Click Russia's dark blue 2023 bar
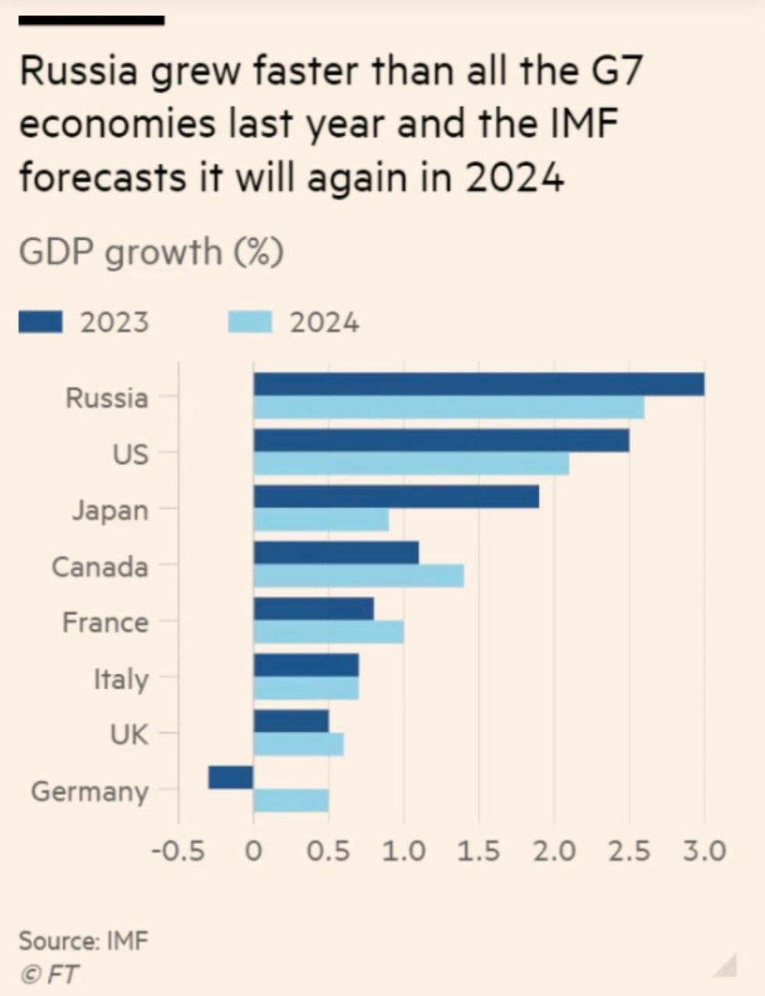click(x=478, y=384)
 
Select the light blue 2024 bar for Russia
click(x=449, y=408)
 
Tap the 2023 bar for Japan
click(x=396, y=496)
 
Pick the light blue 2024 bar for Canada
click(x=358, y=576)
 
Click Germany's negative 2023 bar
click(x=231, y=778)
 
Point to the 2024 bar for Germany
click(x=291, y=800)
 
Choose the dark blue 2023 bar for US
click(x=441, y=441)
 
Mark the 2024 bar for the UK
click(x=298, y=745)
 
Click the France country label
click(x=105, y=622)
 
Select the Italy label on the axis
click(x=120, y=680)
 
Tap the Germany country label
click(x=90, y=792)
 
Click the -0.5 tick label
click(x=179, y=851)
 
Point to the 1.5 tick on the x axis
click(x=478, y=851)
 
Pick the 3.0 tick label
click(x=704, y=851)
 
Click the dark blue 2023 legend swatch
click(x=40, y=322)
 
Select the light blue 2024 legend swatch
click(x=250, y=322)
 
